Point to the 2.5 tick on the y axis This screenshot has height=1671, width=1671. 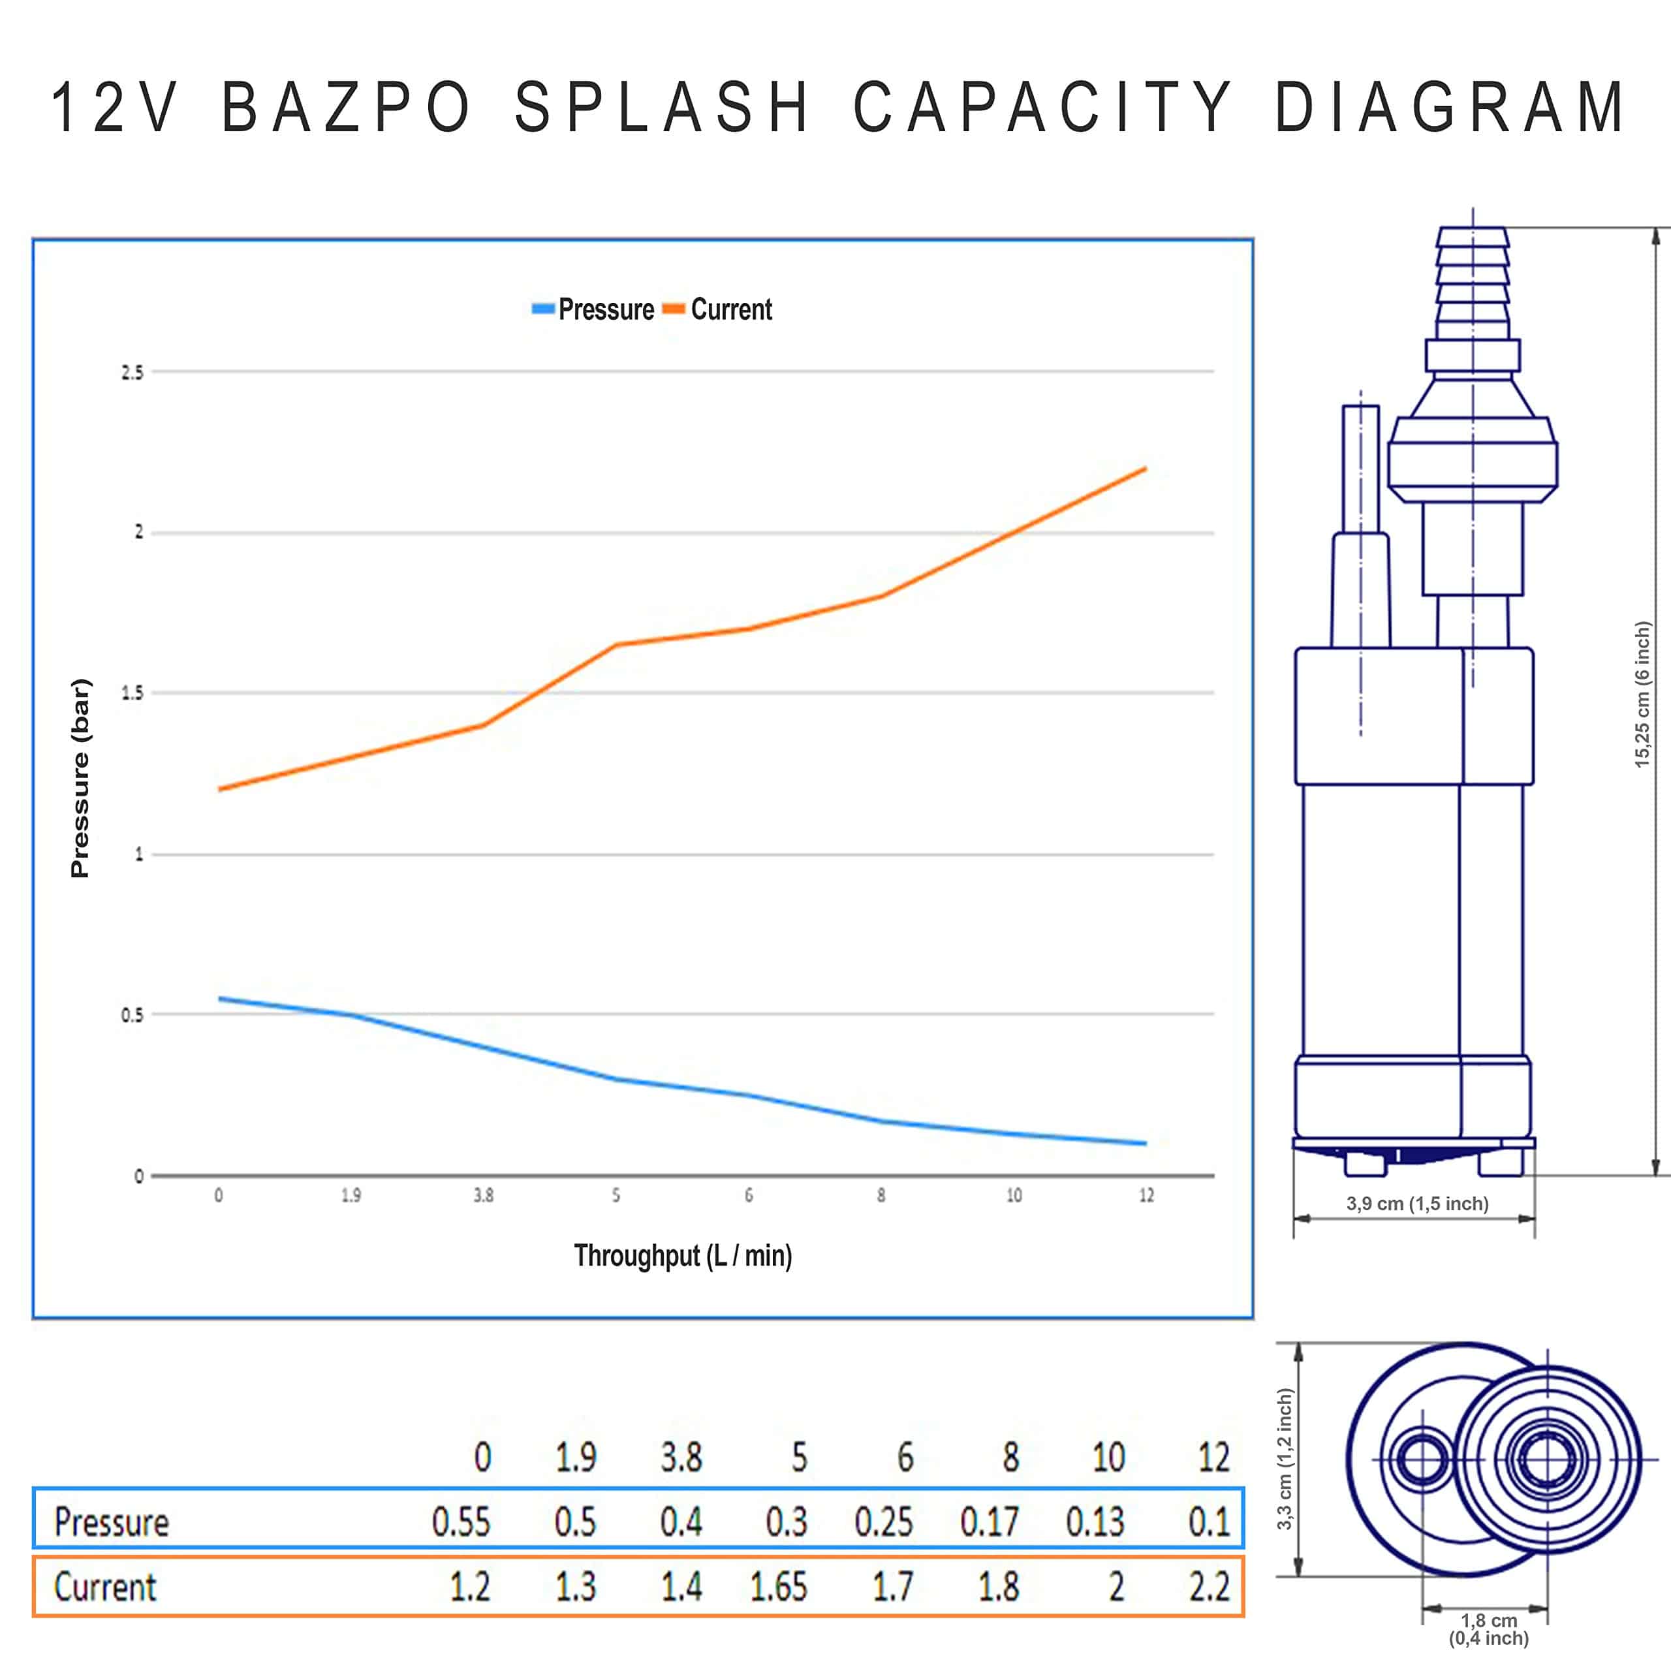tap(131, 373)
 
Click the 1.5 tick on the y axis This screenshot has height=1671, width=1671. tap(131, 693)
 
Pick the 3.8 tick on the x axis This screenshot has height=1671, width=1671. tap(482, 1195)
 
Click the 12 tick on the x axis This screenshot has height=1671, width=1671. tap(1146, 1195)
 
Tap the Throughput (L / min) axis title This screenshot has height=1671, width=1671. tap(682, 1255)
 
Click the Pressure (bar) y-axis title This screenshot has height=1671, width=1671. tap(80, 779)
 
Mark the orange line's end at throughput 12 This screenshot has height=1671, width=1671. tap(1145, 469)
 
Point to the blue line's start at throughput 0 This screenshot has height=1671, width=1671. tap(220, 998)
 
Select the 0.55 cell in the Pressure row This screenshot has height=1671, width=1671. tap(460, 1522)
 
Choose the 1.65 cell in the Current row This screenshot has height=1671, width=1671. tap(777, 1586)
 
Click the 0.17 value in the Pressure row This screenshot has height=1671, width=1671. tap(990, 1522)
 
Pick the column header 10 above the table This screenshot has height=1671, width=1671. tap(1108, 1458)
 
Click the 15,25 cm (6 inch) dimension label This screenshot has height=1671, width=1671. tap(1642, 694)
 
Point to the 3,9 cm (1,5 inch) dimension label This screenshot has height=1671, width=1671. tap(1416, 1203)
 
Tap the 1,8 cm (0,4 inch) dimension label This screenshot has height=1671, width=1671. tap(1488, 1629)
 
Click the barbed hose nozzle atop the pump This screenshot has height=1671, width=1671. tap(1473, 282)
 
